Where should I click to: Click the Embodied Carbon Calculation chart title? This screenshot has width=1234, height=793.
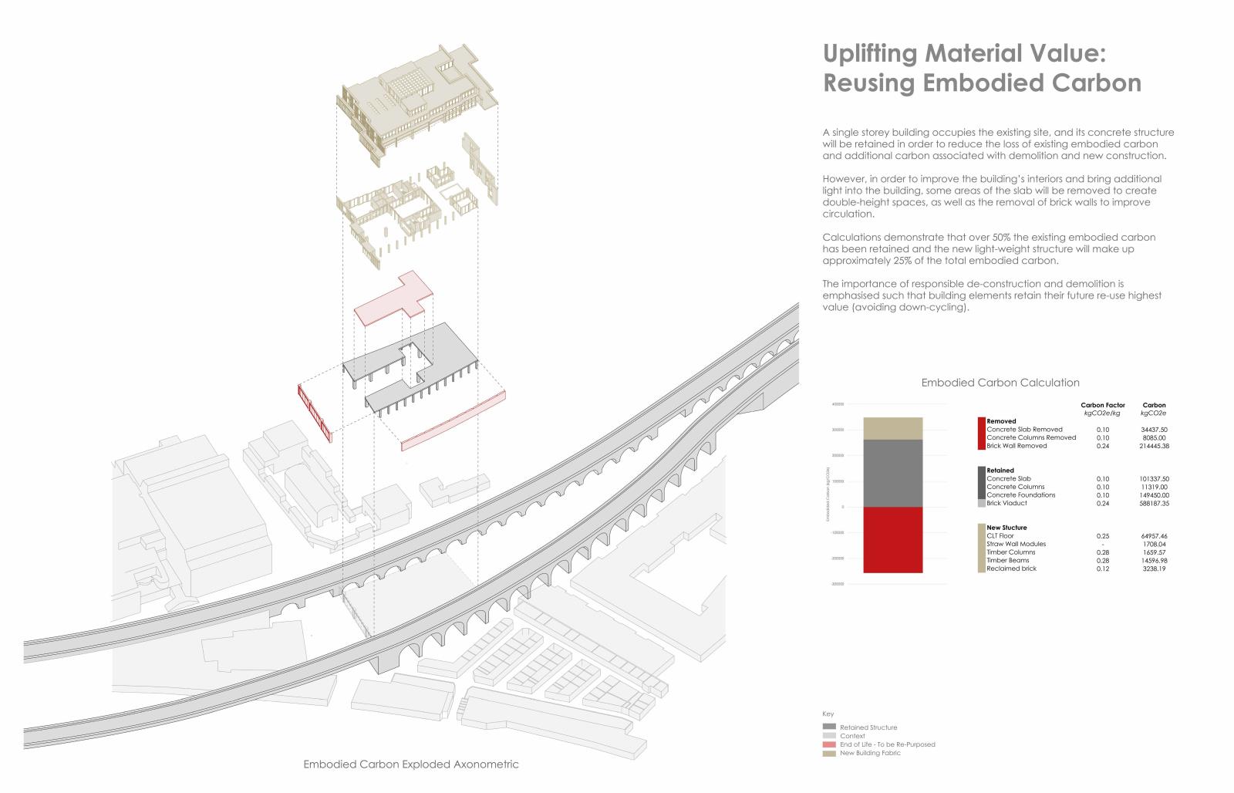click(1000, 383)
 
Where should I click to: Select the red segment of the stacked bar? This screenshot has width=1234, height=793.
click(892, 540)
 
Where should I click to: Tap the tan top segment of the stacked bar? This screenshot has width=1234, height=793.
click(892, 428)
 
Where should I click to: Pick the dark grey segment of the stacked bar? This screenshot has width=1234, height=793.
click(892, 473)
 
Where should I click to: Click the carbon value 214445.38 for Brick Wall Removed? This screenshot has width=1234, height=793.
click(1155, 446)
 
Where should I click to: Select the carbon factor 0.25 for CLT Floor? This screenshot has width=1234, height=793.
click(1103, 535)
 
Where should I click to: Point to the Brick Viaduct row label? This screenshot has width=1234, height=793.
click(1006, 503)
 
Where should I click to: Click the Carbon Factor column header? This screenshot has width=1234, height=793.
click(1103, 405)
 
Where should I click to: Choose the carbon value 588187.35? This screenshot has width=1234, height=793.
click(1155, 503)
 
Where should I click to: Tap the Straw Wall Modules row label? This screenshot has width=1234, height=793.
click(1017, 544)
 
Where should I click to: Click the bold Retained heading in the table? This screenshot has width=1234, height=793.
click(1000, 470)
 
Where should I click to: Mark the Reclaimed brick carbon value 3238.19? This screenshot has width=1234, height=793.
click(1155, 569)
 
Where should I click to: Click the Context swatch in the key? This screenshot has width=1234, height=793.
click(829, 736)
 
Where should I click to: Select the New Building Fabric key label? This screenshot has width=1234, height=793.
click(870, 753)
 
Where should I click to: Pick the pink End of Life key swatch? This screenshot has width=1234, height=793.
click(829, 744)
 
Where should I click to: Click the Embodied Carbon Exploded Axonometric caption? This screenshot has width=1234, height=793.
click(411, 764)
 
